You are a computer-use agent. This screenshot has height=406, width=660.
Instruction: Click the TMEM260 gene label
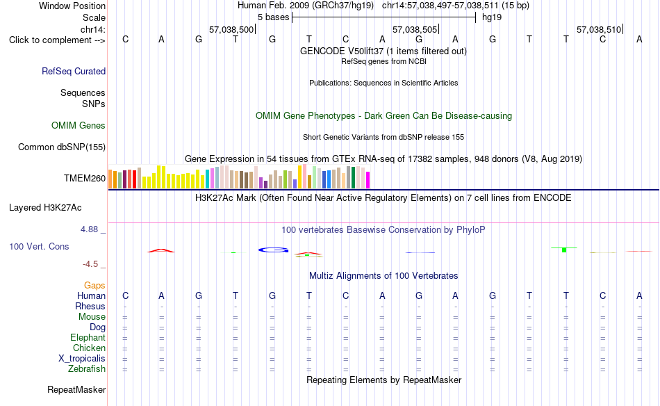point(85,178)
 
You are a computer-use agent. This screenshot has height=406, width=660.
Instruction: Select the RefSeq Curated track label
point(74,71)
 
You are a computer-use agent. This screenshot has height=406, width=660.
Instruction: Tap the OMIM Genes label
point(79,126)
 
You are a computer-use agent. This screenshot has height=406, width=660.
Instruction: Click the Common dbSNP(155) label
point(62,147)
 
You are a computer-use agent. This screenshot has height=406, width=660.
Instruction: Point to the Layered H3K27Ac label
point(45,208)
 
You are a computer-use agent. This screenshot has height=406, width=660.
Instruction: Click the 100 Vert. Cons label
point(39,246)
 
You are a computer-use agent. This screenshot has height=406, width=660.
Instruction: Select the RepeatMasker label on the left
point(76,389)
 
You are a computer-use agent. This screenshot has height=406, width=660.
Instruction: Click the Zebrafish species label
point(87,369)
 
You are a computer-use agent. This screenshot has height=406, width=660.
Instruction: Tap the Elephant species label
point(88,338)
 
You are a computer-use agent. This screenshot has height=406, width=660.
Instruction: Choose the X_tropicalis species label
point(82,359)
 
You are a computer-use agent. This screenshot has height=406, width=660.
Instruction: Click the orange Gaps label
point(94,286)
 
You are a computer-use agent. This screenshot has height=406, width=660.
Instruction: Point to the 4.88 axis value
point(89,229)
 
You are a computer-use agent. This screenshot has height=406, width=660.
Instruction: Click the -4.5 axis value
point(90,264)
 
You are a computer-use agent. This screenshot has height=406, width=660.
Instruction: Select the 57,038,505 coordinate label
point(415,29)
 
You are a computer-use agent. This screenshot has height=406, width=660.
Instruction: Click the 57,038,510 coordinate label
point(599,29)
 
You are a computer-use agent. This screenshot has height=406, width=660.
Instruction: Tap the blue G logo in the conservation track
point(273,250)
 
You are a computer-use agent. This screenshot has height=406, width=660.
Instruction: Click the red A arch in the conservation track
point(160,250)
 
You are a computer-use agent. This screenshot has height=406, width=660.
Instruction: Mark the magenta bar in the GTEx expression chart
point(368,180)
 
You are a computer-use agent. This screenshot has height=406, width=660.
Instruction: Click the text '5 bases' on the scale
point(274,17)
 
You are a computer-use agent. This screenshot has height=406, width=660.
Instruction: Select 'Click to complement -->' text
point(57,40)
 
